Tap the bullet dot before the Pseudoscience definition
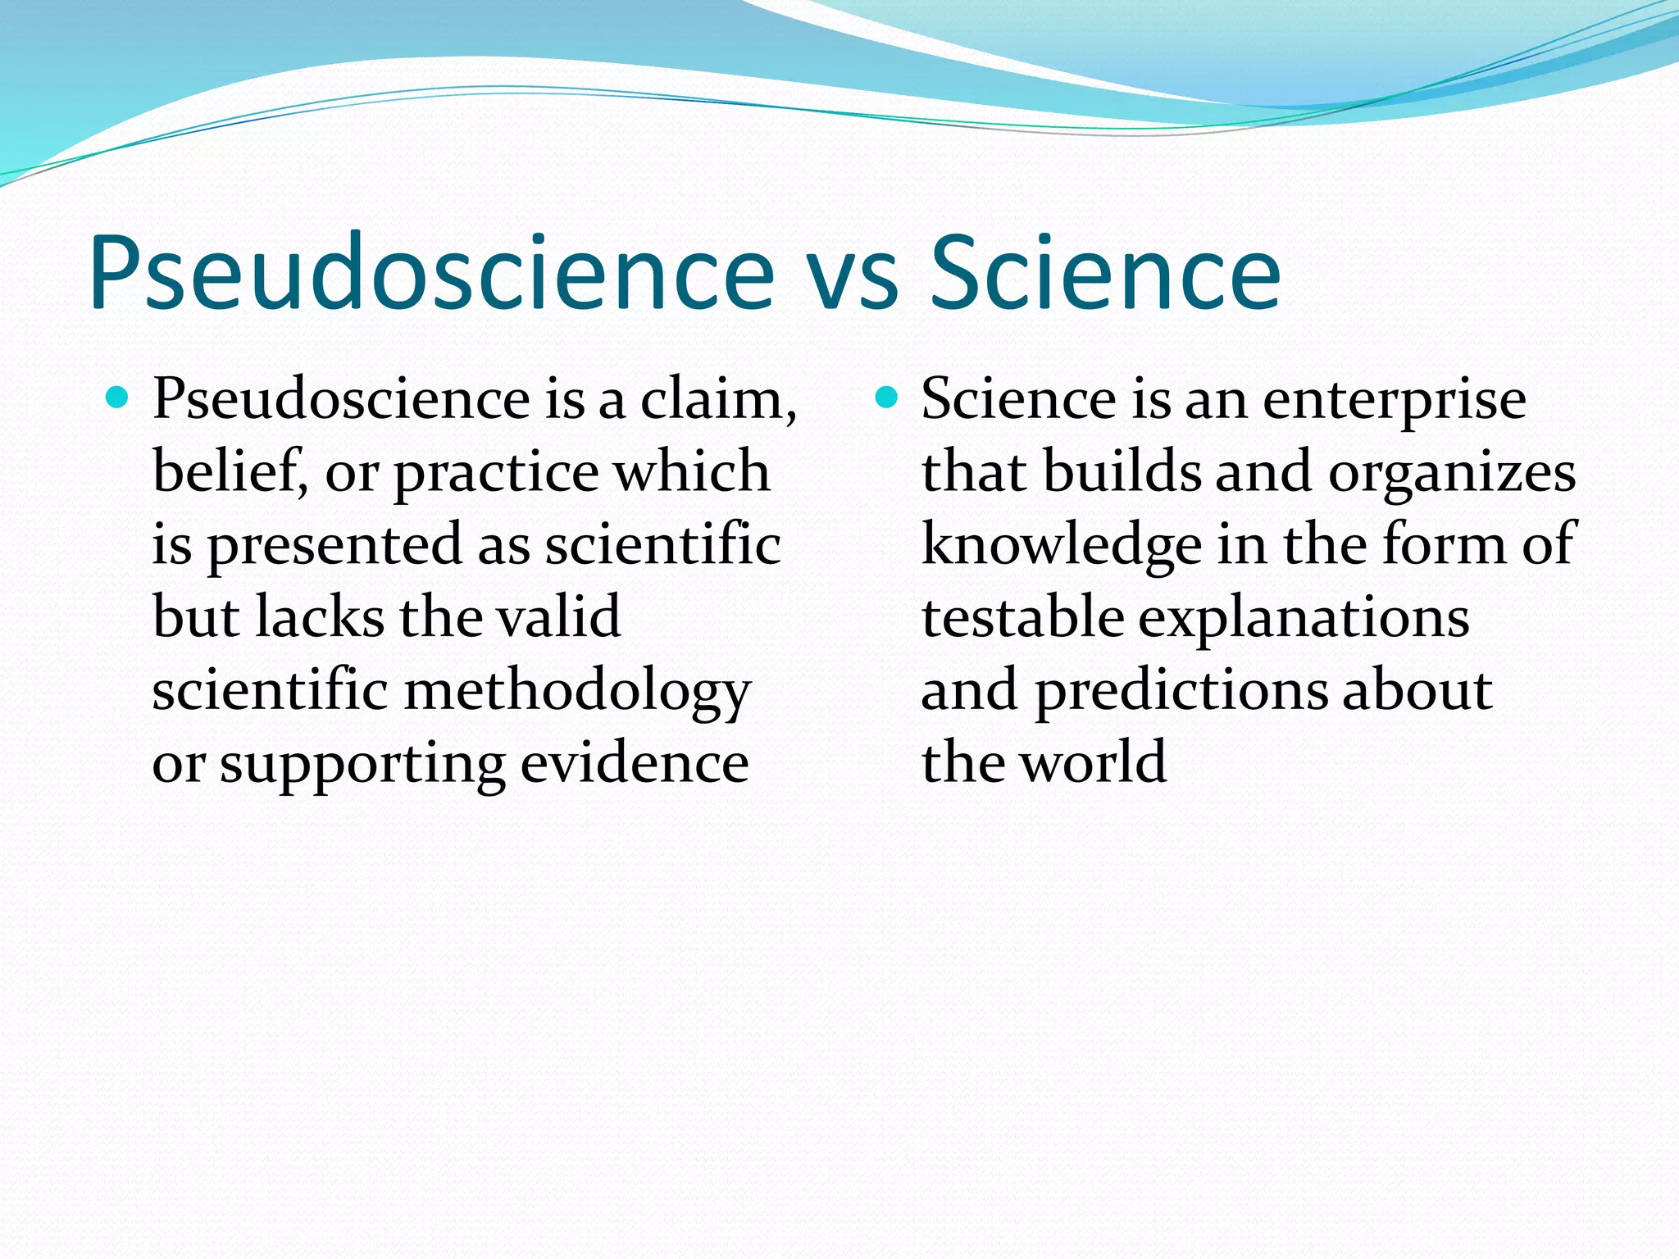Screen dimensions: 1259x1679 click(118, 398)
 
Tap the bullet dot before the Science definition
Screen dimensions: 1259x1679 click(886, 398)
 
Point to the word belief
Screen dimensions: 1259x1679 click(230, 472)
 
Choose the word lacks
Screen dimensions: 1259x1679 click(320, 616)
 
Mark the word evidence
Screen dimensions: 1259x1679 click(635, 763)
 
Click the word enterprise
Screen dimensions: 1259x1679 click(1394, 402)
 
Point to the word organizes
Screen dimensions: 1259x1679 click(1452, 474)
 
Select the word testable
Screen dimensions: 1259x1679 click(1022, 616)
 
